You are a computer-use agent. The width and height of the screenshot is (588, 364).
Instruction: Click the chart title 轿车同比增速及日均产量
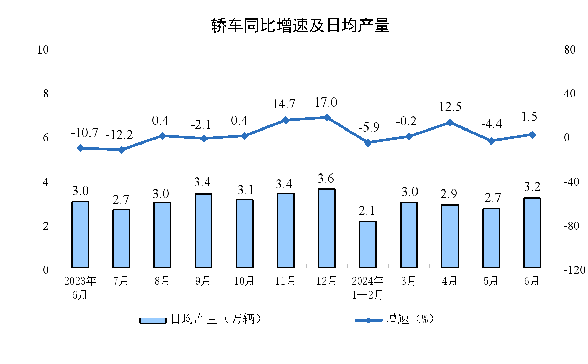[300, 26]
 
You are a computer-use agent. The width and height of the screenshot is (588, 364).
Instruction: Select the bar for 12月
[326, 228]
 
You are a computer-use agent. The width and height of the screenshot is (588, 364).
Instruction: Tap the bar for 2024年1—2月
[367, 244]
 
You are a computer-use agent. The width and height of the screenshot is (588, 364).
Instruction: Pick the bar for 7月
[121, 239]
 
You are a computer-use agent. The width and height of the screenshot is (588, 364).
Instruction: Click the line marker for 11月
[285, 120]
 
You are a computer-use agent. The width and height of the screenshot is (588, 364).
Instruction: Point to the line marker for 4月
[450, 122]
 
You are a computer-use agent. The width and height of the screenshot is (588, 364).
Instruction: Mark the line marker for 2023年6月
[80, 148]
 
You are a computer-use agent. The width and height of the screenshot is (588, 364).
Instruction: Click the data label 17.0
[326, 103]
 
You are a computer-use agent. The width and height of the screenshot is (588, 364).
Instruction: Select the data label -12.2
[119, 135]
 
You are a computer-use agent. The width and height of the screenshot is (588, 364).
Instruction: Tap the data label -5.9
[369, 127]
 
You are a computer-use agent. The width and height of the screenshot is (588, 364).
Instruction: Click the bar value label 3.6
[326, 179]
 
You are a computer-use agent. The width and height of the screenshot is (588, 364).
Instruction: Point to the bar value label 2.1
[367, 211]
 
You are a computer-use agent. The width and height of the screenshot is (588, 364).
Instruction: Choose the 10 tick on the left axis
[43, 50]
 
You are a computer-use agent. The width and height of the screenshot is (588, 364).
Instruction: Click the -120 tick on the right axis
[574, 270]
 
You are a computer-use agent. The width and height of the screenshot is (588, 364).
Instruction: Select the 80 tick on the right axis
[570, 50]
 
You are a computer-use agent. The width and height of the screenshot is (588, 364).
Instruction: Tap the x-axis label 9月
[203, 281]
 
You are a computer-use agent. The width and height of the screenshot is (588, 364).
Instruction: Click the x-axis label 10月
[244, 281]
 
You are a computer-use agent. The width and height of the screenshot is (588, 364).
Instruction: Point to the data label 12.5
[450, 107]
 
